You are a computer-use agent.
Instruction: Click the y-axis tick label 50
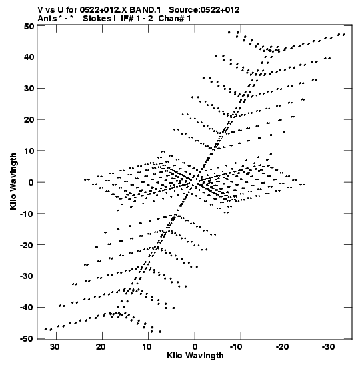click(29, 26)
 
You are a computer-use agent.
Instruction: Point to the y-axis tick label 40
click(29, 57)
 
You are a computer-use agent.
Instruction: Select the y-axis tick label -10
click(27, 214)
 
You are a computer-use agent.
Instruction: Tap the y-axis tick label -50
click(27, 339)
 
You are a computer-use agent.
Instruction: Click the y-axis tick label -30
click(27, 276)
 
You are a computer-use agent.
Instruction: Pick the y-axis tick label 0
click(31, 182)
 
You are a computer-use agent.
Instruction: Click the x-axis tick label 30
click(55, 347)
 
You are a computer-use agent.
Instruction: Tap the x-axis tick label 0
click(195, 347)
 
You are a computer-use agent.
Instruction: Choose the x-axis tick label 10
click(147, 347)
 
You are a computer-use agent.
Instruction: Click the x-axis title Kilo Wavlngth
click(195, 356)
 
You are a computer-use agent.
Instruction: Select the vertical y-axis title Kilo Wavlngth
click(13, 181)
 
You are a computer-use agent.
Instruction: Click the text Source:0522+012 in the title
click(204, 10)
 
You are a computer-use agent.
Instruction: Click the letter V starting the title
click(41, 10)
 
